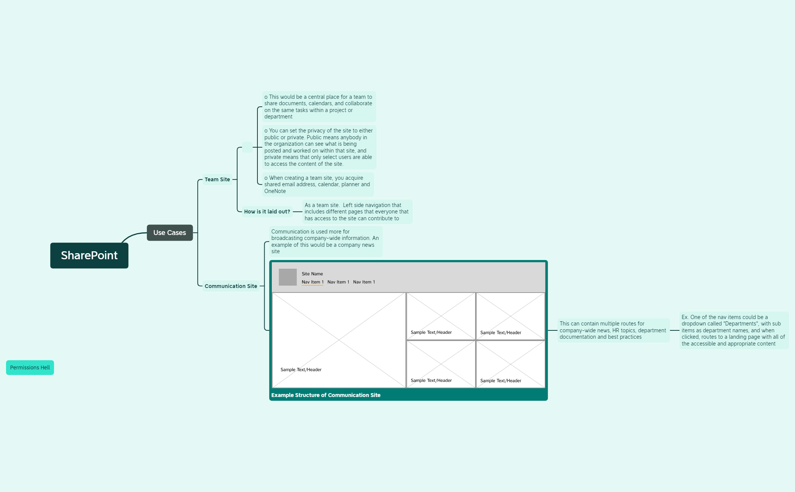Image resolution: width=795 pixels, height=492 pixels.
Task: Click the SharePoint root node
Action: [x=89, y=255]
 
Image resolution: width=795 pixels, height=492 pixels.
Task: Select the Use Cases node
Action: [x=170, y=233]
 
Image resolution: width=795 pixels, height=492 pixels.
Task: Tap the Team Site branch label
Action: [x=217, y=179]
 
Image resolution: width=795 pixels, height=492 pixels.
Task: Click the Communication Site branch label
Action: [x=231, y=286]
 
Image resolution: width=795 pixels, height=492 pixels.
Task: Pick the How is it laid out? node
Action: [x=267, y=212]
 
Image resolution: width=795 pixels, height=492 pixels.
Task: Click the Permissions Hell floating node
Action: [x=30, y=367]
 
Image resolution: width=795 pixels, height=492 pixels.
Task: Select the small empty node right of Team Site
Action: [x=247, y=147]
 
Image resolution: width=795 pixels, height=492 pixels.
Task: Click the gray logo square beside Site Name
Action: [x=288, y=277]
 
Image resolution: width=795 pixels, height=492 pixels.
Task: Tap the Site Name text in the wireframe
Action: [x=312, y=274]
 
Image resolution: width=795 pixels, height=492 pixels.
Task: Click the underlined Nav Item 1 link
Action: [x=312, y=282]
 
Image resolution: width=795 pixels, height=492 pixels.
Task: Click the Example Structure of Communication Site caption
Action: [x=326, y=395]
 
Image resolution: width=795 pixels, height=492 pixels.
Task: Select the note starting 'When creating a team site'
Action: [x=318, y=184]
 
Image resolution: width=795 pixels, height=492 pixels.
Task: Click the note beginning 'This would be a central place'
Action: [x=319, y=107]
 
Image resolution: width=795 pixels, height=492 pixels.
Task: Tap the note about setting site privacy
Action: [x=319, y=147]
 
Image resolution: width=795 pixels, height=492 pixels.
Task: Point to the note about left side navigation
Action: [x=357, y=212]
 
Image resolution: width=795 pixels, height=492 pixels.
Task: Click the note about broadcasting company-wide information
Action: [x=326, y=241]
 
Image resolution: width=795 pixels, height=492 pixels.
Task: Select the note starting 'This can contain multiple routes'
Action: [x=613, y=330]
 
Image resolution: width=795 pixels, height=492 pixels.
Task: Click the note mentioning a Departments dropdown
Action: [x=734, y=330]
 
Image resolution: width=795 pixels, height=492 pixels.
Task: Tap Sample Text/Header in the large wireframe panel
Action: [x=301, y=370]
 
